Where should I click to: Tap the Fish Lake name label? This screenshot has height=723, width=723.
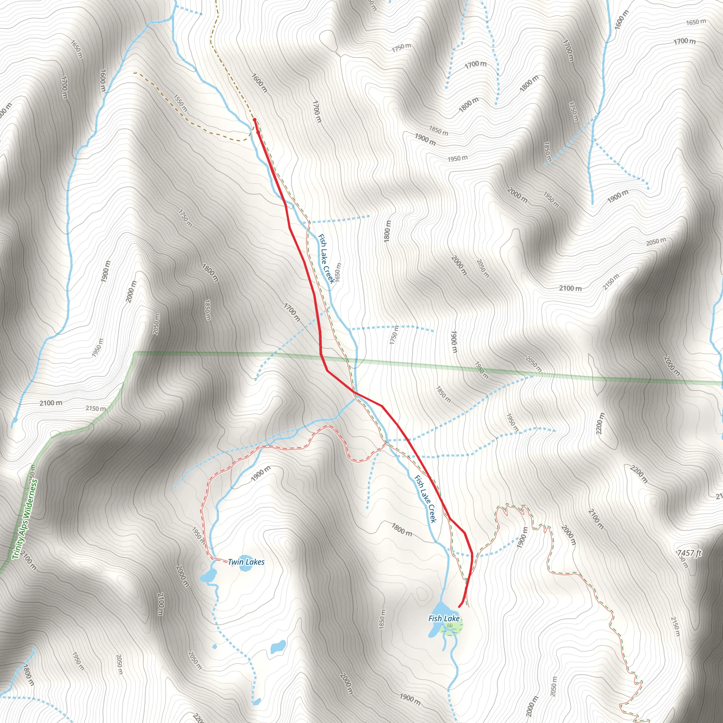tap(444, 618)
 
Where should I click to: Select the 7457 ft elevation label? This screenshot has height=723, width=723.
tap(689, 553)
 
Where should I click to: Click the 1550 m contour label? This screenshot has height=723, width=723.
tap(180, 103)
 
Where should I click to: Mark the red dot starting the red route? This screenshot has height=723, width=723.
tap(255, 120)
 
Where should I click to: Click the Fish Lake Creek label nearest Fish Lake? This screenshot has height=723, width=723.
tap(425, 499)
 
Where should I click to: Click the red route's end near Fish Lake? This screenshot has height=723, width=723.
tap(459, 607)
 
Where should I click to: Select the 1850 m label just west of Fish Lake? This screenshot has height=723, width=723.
tap(382, 619)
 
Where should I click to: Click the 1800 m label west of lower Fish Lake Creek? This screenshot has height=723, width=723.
tap(402, 530)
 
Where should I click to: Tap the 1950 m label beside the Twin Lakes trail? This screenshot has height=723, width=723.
tap(198, 535)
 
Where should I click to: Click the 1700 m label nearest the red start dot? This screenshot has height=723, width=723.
tap(317, 111)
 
